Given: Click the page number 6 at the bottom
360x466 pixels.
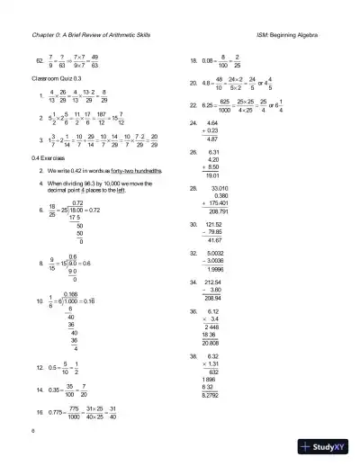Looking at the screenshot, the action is pos(31,431).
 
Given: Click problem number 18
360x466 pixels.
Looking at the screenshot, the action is pos(193,61).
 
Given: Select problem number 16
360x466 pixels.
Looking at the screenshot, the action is pos(41,410).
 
